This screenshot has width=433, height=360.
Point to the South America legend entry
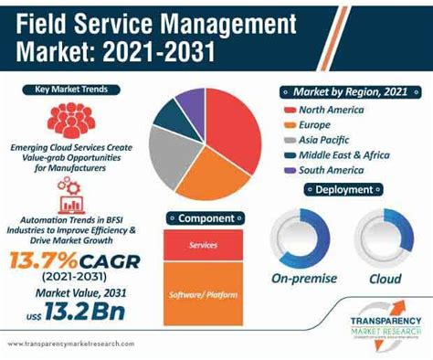[x=334, y=169]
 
